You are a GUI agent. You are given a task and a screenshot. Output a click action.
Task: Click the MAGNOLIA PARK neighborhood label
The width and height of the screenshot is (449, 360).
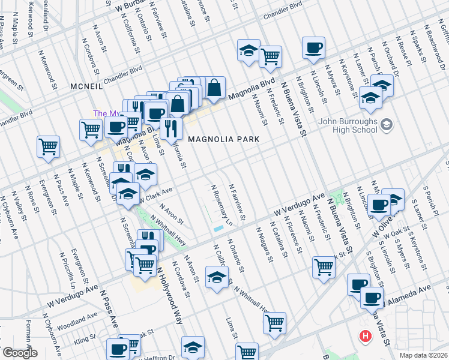point(223,139)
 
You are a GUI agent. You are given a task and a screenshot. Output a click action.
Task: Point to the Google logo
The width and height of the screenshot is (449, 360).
point(19,353)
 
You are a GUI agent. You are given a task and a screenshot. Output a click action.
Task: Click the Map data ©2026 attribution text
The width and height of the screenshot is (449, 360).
point(423,355)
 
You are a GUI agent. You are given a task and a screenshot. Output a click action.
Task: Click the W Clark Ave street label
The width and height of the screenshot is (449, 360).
point(155,194)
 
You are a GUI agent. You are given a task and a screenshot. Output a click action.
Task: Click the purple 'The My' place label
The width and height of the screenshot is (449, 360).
point(103,113)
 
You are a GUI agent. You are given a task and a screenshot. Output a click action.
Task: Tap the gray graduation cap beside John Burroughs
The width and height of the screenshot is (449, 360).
point(387,125)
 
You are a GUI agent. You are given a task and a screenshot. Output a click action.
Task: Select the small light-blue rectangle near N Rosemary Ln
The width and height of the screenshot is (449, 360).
point(217,229)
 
